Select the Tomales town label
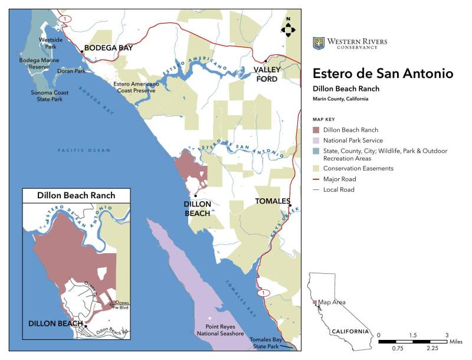coord(272,201)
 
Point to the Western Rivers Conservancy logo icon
coord(319,43)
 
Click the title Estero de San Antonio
coord(383,74)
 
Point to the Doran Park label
coord(71,71)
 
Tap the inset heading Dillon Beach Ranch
coord(76,195)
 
